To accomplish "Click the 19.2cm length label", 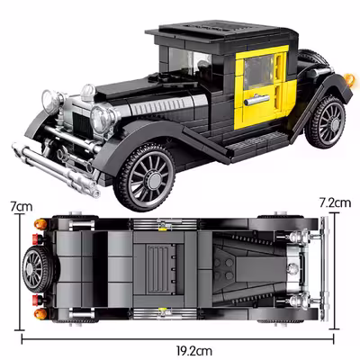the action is click(x=193, y=350).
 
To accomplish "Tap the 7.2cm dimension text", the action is click(x=335, y=203).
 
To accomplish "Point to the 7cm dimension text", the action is click(x=22, y=207).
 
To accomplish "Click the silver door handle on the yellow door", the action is click(x=256, y=100).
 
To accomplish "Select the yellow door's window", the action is click(x=259, y=72).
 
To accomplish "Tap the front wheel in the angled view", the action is click(x=144, y=177).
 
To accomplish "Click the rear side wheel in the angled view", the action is click(x=326, y=122).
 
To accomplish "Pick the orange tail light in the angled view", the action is click(x=349, y=78).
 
